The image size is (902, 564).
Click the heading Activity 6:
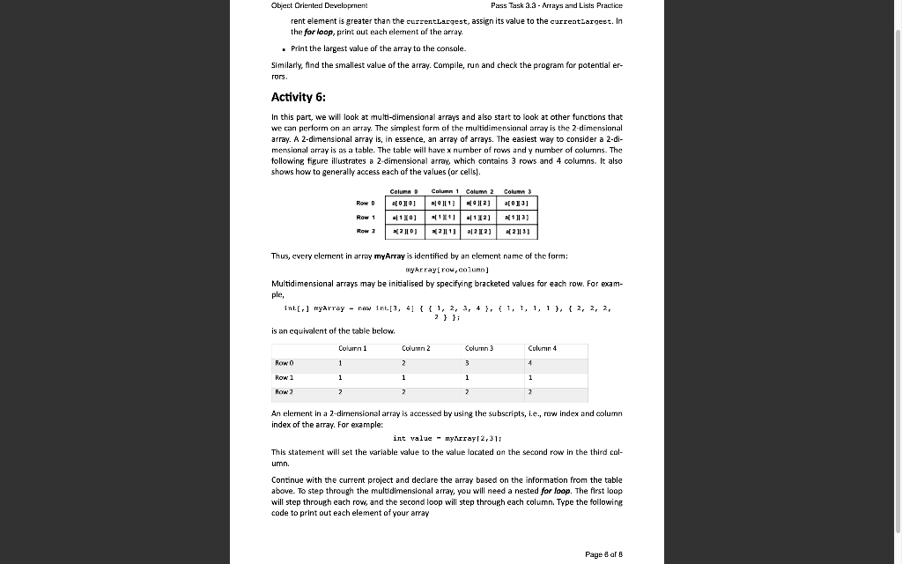pos(301,98)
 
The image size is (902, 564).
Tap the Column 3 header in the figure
pos(518,192)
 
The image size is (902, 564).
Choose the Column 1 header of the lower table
pos(352,348)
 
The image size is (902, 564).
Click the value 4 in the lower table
pos(530,362)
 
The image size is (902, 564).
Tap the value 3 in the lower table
pos(467,362)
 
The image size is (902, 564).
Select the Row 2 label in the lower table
pos(285,391)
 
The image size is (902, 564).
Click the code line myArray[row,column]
pos(447,270)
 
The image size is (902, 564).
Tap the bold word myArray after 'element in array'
pos(393,256)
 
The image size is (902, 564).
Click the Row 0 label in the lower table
pos(285,362)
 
